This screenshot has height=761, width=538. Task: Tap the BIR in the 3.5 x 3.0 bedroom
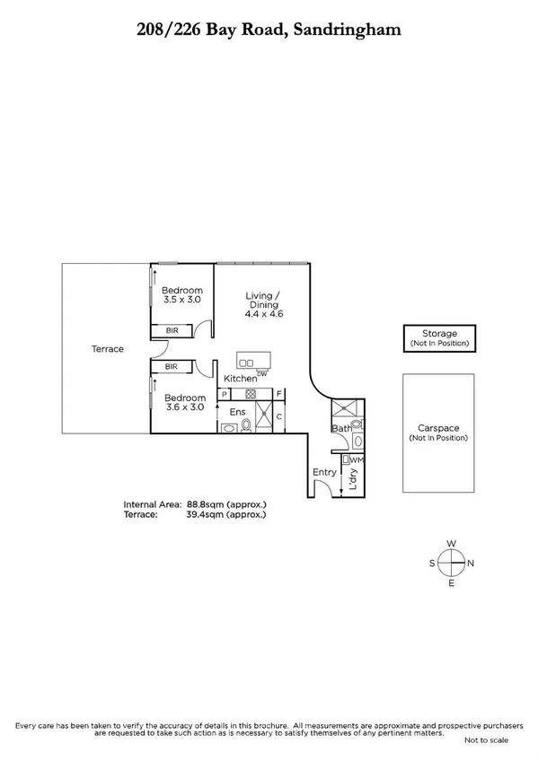(x=171, y=330)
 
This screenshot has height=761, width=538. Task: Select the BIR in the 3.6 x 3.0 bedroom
(x=171, y=366)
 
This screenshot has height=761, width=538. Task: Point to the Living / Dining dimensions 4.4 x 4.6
(x=263, y=315)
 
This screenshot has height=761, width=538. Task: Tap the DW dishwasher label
(x=261, y=372)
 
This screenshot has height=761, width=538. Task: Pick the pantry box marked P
(x=222, y=394)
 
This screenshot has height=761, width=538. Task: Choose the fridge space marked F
(x=279, y=394)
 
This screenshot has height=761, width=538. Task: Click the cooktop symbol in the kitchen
(x=251, y=394)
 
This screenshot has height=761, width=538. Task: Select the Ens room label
(x=238, y=412)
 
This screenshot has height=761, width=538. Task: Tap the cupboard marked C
(x=279, y=416)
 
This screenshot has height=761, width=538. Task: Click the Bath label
(x=340, y=429)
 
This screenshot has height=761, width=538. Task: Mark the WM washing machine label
(x=357, y=460)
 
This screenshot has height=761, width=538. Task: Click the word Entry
(x=324, y=472)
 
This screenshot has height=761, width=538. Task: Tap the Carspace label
(x=439, y=428)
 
